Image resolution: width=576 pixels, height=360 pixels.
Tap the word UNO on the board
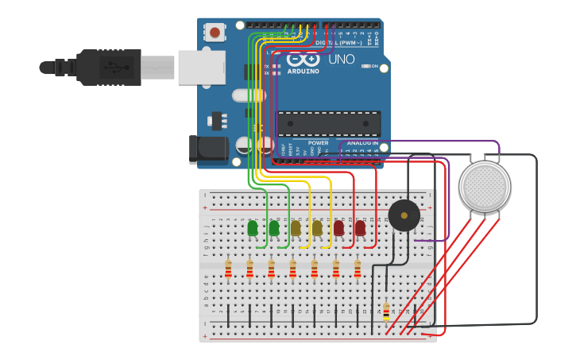pos(341,60)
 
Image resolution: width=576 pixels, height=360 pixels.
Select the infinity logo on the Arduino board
pos(303,60)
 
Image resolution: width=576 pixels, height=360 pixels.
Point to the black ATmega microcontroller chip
pos(328,123)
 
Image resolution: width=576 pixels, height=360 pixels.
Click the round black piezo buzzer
pos(404,215)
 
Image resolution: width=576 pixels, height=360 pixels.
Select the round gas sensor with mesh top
pos(485,187)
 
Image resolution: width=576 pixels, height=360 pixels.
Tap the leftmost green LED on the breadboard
pos(253,228)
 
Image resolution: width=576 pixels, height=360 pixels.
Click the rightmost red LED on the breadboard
pos(360,228)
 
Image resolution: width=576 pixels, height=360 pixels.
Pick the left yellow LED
pos(296,228)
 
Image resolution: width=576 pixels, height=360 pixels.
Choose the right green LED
pos(274,228)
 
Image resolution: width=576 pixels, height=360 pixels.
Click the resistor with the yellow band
pos(386,312)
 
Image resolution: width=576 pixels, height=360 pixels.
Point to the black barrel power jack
pos(208,149)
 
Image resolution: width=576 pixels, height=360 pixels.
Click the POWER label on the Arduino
pos(318,144)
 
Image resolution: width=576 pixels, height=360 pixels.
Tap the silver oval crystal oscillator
pos(249,95)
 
